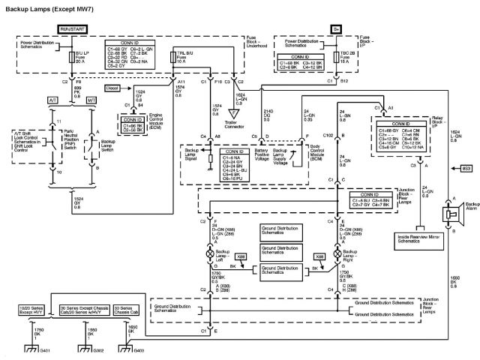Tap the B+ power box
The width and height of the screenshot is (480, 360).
[337, 28]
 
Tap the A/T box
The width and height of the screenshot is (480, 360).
[31, 100]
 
